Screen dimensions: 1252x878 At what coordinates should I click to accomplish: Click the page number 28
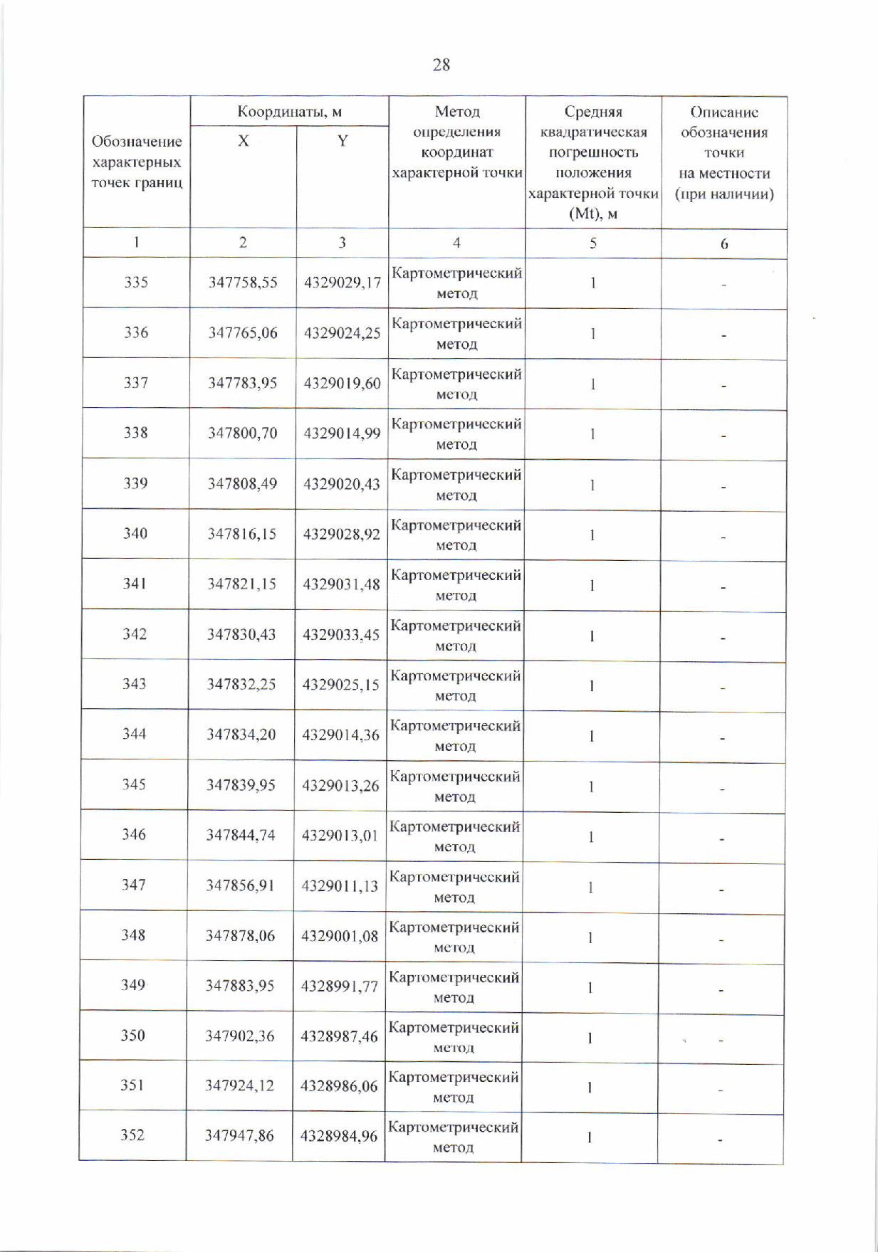[441, 65]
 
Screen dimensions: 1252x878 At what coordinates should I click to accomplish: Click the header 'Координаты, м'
[289, 112]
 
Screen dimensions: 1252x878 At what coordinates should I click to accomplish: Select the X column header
[244, 141]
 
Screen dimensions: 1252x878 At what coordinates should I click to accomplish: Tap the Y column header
[343, 141]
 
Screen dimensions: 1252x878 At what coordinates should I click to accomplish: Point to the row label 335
[136, 282]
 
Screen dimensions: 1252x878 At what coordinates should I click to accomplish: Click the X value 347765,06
[243, 332]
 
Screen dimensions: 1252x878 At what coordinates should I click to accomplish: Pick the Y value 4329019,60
[343, 383]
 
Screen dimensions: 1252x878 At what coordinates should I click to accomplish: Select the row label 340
[135, 533]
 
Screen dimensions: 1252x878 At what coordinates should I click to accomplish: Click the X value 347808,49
[243, 483]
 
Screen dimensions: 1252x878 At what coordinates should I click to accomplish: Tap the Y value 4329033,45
[341, 634]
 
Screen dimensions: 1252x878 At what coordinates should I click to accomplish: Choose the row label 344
[134, 734]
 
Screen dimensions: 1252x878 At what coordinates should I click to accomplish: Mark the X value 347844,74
[241, 835]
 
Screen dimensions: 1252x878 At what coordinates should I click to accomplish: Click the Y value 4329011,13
[340, 885]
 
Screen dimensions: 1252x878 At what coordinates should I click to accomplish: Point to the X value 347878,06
[240, 935]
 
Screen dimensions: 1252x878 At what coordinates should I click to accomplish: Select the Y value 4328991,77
[339, 986]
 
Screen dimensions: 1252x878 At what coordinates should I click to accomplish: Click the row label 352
[132, 1135]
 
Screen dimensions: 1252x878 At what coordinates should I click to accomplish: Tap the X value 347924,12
[239, 1085]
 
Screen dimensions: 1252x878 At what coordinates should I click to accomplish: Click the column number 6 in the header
[723, 244]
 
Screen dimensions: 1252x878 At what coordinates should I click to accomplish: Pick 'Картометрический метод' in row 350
[454, 1037]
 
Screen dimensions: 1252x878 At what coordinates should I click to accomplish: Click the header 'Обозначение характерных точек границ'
[137, 162]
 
